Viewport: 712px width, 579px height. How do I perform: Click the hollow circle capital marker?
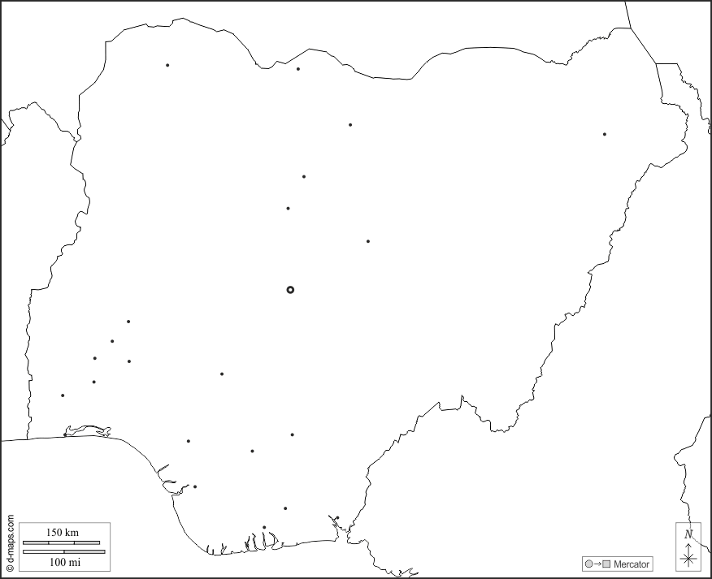pos(290,290)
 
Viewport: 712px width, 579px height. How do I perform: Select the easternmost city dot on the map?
pos(605,134)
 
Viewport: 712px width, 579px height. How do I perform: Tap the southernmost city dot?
pos(264,527)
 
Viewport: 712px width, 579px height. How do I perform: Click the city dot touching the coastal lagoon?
pos(65,434)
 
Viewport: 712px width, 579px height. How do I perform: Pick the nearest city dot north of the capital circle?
pos(288,209)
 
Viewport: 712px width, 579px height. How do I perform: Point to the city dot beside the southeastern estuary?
pos(336,518)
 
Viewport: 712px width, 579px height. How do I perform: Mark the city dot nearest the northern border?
pos(298,69)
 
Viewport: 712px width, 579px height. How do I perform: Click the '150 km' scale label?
pos(62,533)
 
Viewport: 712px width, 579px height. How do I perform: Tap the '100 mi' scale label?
pos(64,562)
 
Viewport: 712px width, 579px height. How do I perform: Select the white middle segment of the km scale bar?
pos(62,542)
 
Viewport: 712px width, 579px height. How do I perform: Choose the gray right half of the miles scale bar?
pos(85,552)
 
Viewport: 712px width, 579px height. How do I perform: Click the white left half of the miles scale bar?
pos(43,552)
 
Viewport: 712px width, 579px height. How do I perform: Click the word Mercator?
pos(632,564)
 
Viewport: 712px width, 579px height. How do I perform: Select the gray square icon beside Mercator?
pos(606,564)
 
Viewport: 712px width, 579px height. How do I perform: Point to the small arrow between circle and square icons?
pos(597,564)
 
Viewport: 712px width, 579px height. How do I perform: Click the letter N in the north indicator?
pos(688,534)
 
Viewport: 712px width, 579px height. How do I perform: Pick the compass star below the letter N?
pos(688,557)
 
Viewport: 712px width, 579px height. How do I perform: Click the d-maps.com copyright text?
pos(10,542)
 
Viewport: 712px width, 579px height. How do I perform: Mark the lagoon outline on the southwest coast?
pos(88,429)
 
